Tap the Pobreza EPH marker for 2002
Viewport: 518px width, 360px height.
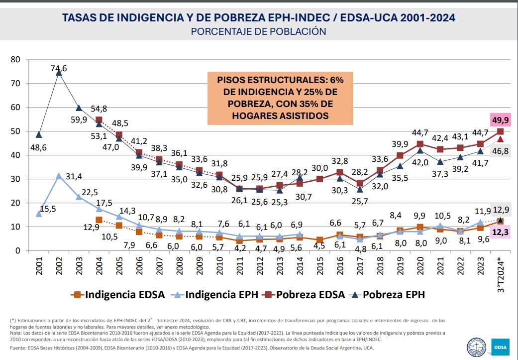[59, 73]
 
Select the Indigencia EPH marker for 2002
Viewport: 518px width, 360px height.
[59, 176]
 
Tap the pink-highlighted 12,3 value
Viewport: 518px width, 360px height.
[500, 232]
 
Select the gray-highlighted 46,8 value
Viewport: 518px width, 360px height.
[500, 151]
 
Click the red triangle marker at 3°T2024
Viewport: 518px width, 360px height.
[500, 139]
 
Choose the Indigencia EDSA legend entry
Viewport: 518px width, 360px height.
[119, 294]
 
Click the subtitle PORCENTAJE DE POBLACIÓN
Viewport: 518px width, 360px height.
[259, 31]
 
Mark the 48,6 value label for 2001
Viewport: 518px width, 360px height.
[38, 148]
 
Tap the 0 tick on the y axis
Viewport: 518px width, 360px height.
[18, 250]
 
